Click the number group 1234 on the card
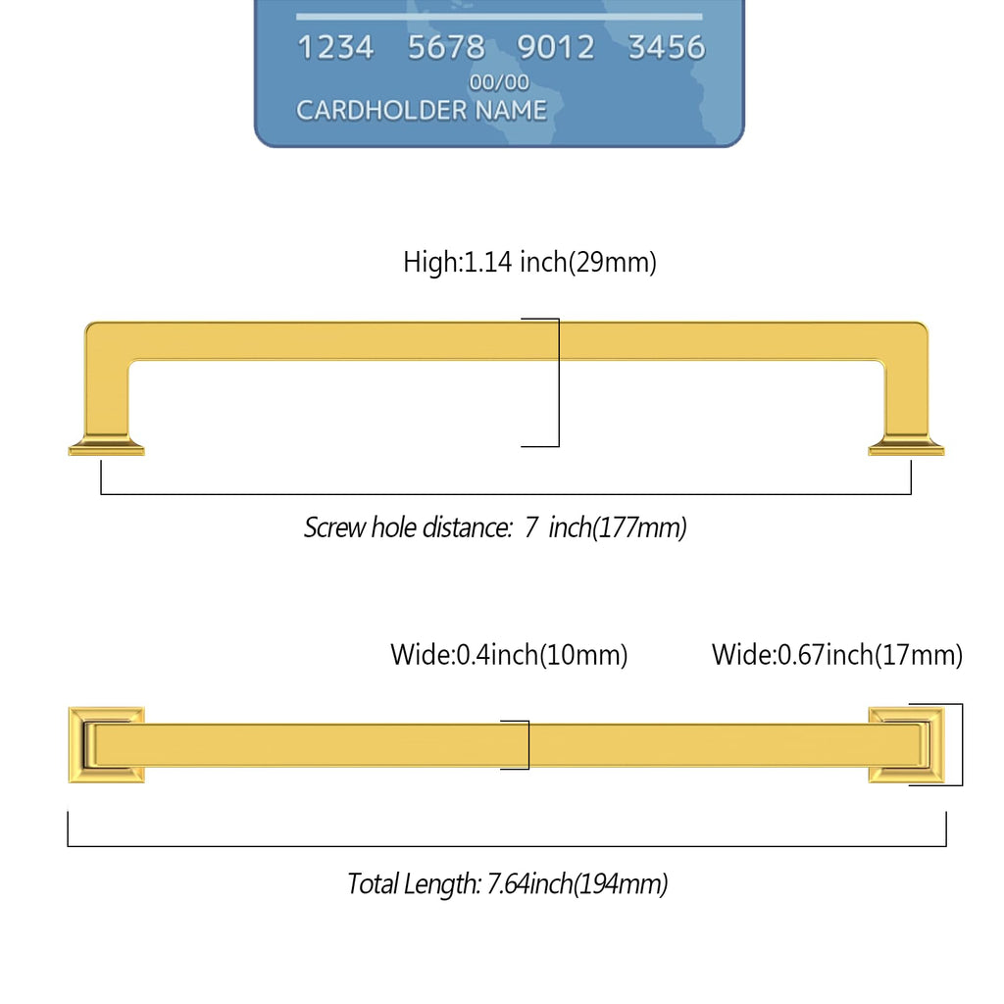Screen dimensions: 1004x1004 335,47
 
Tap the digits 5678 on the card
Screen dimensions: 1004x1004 446,47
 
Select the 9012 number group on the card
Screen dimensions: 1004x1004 556,47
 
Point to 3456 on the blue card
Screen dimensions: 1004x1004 667,47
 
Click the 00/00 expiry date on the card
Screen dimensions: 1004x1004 499,82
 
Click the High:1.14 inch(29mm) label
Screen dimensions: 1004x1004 529,262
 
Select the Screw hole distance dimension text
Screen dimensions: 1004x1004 495,527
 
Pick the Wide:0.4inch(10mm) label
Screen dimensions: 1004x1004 509,655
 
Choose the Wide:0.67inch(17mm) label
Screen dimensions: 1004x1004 837,655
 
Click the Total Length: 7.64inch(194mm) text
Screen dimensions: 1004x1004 507,883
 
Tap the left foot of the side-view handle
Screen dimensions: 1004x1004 106,446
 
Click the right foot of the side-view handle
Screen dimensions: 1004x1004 906,446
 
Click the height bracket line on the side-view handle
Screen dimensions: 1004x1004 558,382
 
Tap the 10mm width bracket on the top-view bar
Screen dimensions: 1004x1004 528,745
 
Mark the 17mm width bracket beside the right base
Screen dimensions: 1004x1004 962,745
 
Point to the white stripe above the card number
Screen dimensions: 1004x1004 499,17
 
